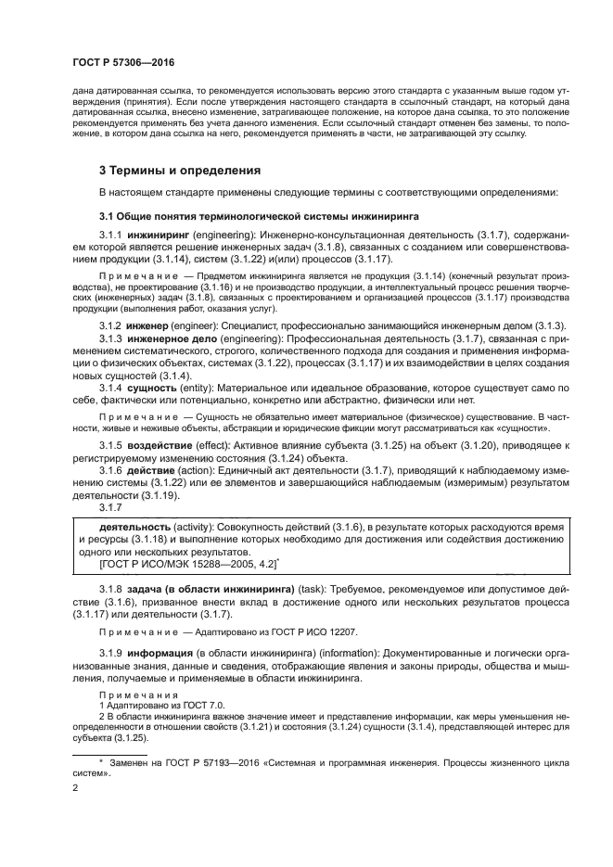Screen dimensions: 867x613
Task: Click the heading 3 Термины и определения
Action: coord(179,170)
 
